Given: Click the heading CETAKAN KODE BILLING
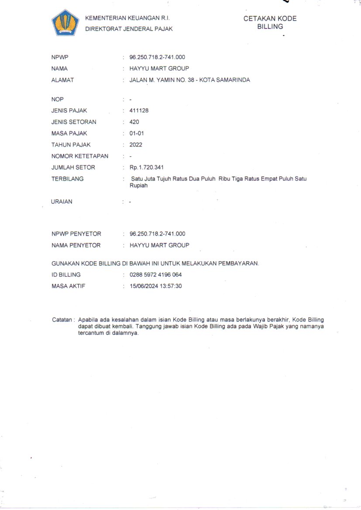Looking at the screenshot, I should [x=270, y=23].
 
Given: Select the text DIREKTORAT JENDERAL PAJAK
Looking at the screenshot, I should [x=129, y=29].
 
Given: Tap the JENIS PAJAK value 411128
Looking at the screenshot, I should [x=139, y=111].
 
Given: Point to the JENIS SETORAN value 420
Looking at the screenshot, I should [x=134, y=122].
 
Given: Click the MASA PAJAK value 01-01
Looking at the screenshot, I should [x=137, y=133].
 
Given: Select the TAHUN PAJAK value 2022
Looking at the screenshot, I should [x=136, y=145].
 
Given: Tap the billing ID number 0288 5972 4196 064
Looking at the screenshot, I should [x=155, y=275].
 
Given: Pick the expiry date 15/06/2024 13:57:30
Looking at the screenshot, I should [x=155, y=286].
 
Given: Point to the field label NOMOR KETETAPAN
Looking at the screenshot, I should [x=79, y=156].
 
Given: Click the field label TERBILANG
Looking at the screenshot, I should [x=67, y=179].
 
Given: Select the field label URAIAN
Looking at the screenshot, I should [x=62, y=202].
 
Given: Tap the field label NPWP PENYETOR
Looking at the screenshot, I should [x=76, y=234].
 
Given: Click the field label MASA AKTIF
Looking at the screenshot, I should [x=68, y=286].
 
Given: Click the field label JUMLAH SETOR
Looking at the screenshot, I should [x=73, y=168].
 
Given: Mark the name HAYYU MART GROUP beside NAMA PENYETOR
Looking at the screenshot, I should [x=159, y=245].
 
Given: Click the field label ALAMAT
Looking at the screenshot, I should [x=62, y=80].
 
